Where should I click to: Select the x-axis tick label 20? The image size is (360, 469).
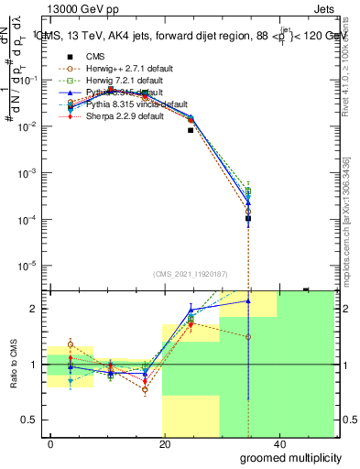[164, 442]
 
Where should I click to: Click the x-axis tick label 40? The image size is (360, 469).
[278, 442]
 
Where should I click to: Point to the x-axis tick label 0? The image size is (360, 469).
[50, 442]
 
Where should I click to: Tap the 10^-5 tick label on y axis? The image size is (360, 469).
[31, 266]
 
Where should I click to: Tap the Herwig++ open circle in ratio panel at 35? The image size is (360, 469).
[248, 337]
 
